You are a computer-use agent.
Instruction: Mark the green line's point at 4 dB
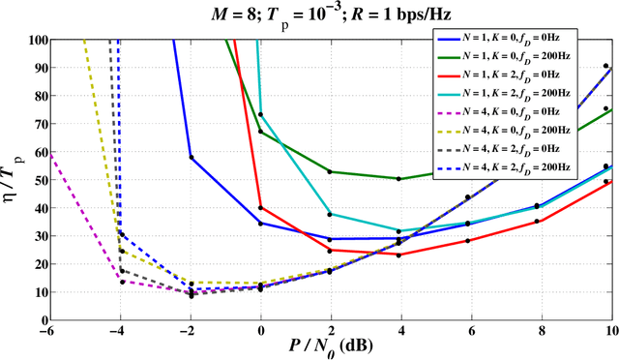(399, 178)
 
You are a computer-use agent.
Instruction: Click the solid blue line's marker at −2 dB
(191, 157)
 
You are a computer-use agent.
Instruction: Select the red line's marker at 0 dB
(261, 207)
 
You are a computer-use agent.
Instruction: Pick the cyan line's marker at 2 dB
(330, 214)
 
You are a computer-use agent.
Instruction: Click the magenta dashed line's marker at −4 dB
(121, 281)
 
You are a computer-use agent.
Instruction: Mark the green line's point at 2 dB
(330, 171)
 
